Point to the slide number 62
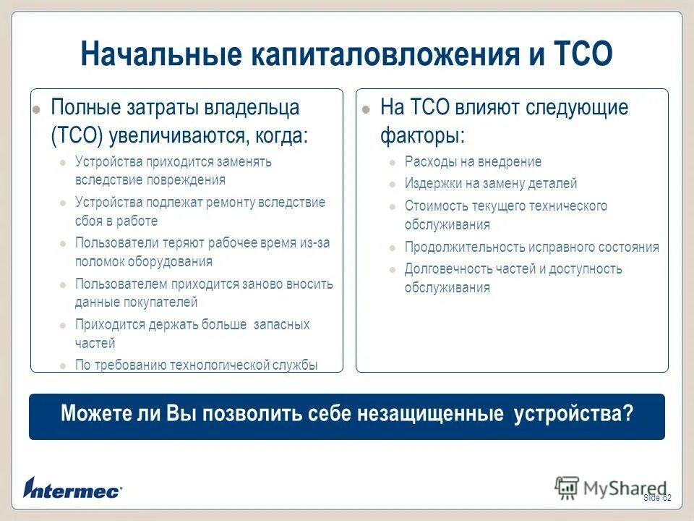(667, 499)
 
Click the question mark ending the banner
(628, 414)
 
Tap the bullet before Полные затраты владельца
(36, 111)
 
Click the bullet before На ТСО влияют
(367, 111)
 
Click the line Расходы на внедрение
(473, 161)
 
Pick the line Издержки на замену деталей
(491, 184)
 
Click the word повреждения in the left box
(188, 180)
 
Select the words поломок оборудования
(144, 262)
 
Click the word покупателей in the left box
(161, 302)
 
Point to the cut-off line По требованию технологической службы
(196, 365)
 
